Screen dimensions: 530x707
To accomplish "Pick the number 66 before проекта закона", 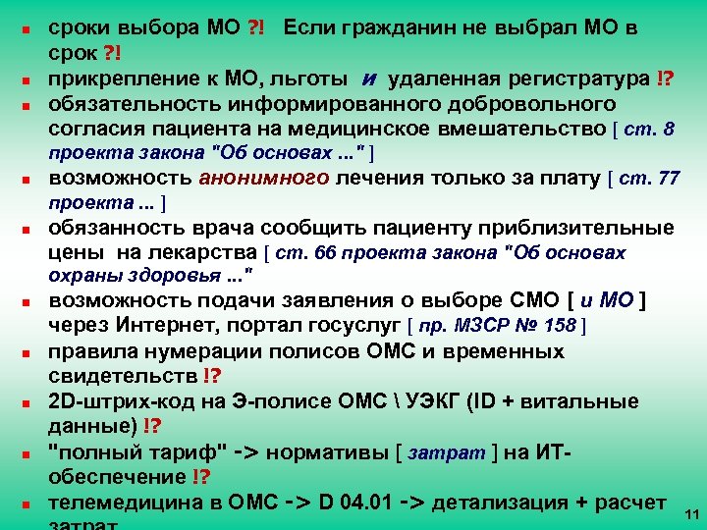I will coord(304,253).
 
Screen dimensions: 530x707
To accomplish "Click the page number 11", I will coord(690,514).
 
